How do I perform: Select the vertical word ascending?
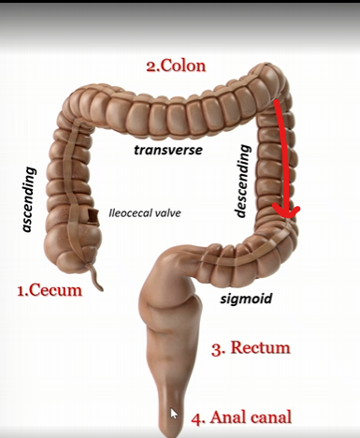(29, 201)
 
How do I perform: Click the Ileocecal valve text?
(145, 212)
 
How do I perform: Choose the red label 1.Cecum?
(50, 290)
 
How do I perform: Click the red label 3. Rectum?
(251, 349)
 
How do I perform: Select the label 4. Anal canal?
(241, 417)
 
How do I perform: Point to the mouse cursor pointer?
(174, 413)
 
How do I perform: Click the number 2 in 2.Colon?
(150, 66)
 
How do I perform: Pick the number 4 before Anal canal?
(196, 417)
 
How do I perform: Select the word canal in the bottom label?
(270, 417)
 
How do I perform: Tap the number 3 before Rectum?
(216, 349)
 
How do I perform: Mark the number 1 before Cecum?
(22, 290)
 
